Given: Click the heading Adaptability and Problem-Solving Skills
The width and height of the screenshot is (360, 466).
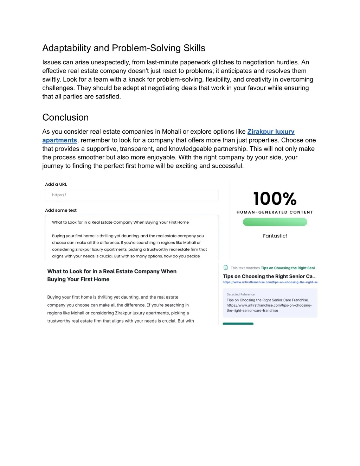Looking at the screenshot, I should click(124, 48).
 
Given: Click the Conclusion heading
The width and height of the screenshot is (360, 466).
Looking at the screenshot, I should click(65, 117).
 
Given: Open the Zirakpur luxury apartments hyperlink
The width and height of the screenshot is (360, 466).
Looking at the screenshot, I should click(271, 132).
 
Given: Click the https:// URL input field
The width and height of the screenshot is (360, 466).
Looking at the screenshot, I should click(132, 195).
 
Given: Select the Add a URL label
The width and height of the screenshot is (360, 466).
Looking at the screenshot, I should click(56, 184).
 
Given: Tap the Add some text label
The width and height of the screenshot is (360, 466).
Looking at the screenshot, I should click(61, 210).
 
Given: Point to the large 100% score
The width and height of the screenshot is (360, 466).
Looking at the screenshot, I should click(275, 199).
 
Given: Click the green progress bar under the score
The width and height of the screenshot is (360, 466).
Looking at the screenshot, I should click(275, 222).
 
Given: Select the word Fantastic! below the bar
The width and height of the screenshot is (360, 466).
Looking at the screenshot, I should click(275, 236).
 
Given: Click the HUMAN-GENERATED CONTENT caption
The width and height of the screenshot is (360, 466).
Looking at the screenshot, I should click(275, 212).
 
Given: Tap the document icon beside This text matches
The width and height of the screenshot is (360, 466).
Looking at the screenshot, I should click(226, 268).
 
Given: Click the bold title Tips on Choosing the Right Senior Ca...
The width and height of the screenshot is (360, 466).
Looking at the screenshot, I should click(270, 276).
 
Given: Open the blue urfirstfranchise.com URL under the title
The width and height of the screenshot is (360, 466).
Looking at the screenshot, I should click(270, 282).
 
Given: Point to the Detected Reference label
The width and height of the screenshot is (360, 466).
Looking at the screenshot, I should click(241, 294).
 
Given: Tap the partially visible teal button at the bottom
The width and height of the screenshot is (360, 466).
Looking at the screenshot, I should click(238, 323).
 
